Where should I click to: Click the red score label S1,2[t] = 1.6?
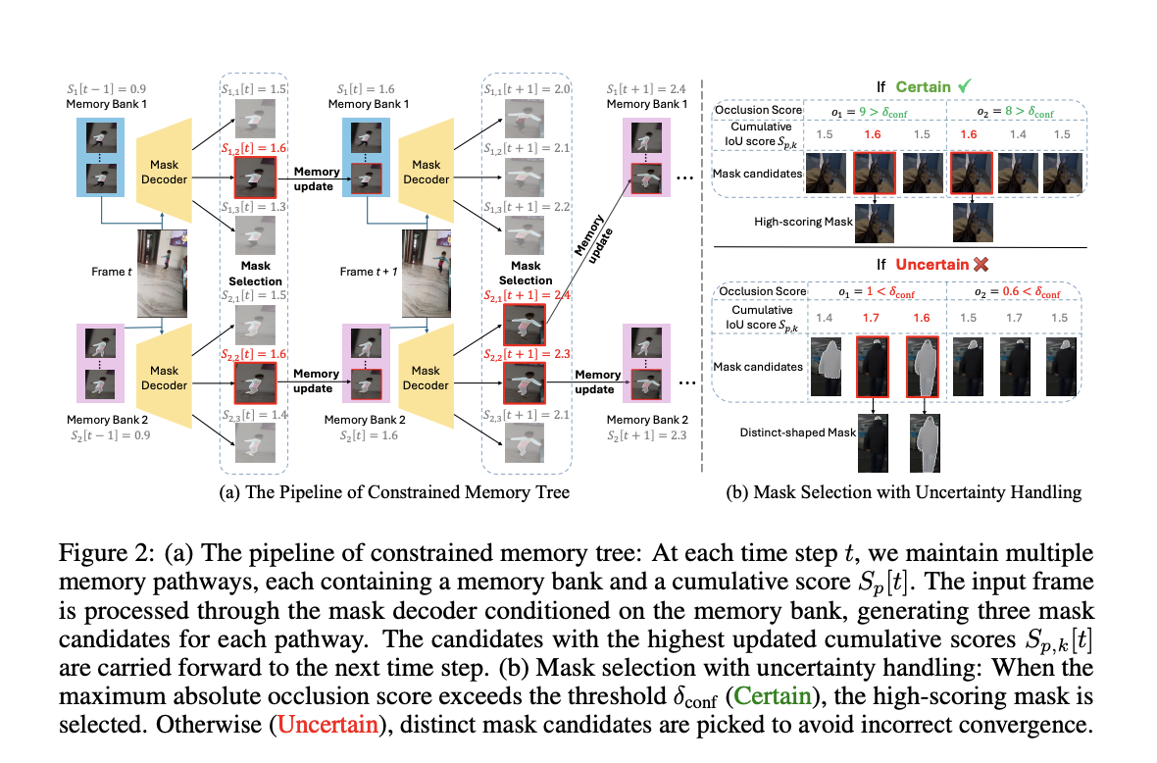pos(253,147)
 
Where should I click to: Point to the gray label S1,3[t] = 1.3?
pos(253,207)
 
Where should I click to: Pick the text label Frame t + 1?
pos(369,272)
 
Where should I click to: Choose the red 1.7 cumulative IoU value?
pos(869,317)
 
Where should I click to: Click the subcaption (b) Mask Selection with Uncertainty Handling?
pos(901,492)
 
